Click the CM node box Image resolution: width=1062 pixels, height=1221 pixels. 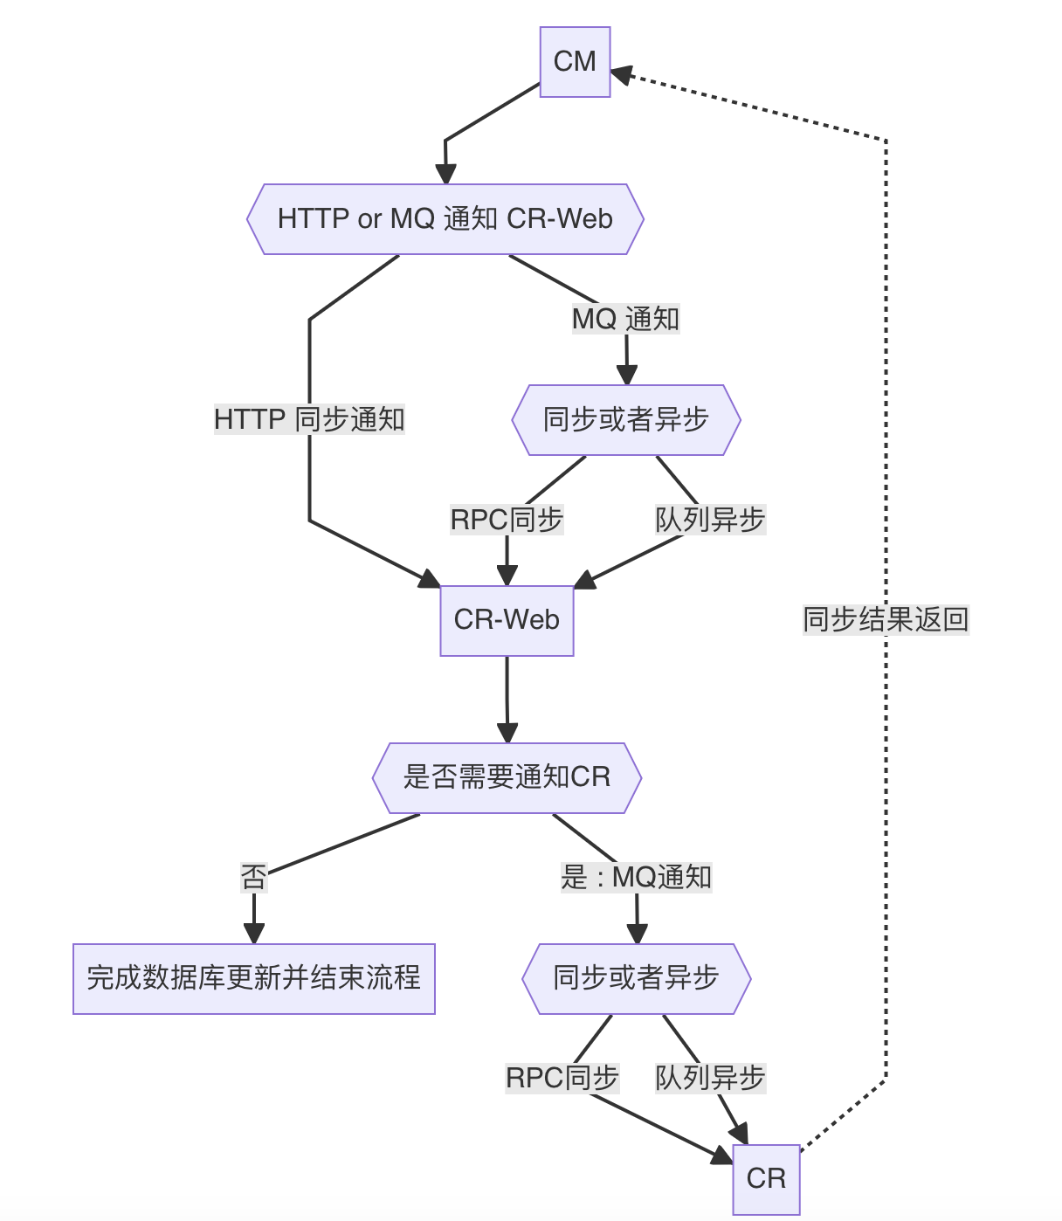click(x=575, y=62)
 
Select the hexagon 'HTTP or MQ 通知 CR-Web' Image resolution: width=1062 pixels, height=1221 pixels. click(x=445, y=219)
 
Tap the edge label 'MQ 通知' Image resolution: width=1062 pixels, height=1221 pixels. click(x=625, y=319)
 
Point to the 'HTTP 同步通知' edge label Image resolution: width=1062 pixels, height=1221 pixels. click(x=309, y=419)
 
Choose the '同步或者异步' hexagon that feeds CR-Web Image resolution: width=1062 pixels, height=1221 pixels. click(x=625, y=420)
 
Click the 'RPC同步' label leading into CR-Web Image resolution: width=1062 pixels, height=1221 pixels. click(x=507, y=520)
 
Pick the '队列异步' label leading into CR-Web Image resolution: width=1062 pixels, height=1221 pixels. click(x=710, y=520)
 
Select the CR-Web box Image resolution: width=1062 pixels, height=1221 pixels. click(x=507, y=620)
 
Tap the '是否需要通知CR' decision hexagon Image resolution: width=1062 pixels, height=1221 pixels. click(x=507, y=777)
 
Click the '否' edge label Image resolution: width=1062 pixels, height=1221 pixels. click(x=253, y=877)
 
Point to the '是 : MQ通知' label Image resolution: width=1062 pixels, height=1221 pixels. click(x=637, y=877)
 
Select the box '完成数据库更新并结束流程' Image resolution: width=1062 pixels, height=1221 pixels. click(x=253, y=978)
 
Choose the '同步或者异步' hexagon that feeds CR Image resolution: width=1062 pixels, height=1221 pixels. click(x=637, y=978)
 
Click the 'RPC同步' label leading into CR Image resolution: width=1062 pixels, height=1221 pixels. click(x=562, y=1078)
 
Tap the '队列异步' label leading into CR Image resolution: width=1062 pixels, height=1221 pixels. click(x=710, y=1078)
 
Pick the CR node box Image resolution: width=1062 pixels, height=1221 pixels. click(x=766, y=1179)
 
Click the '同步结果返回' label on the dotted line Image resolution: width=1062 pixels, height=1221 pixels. click(x=886, y=620)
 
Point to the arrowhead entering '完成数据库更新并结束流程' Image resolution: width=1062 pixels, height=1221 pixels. click(x=253, y=933)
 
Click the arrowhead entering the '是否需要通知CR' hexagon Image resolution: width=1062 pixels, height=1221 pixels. click(x=507, y=733)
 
